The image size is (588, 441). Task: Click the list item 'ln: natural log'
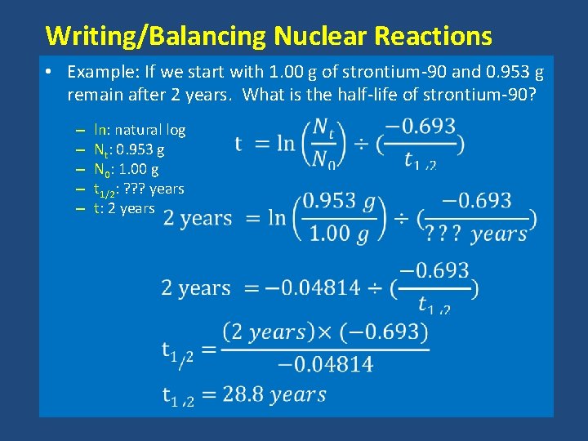click(140, 129)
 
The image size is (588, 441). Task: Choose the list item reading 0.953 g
click(129, 150)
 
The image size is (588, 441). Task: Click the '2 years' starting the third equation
click(196, 288)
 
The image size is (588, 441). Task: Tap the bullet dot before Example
click(51, 72)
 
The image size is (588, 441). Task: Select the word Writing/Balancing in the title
click(156, 36)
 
